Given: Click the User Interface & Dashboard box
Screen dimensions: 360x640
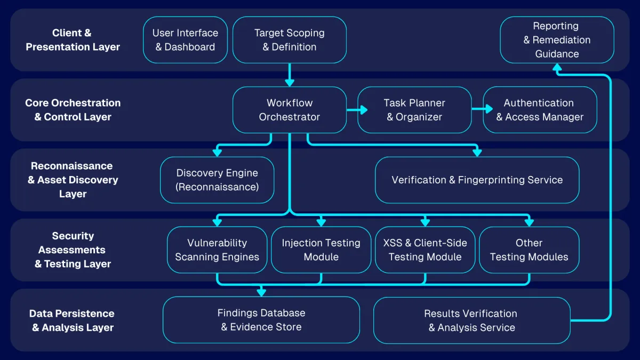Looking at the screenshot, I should click(185, 40).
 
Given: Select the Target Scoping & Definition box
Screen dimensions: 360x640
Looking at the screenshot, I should click(290, 40).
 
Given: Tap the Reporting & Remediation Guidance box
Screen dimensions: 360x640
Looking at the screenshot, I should click(557, 40).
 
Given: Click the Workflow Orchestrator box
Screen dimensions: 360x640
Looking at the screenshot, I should click(290, 110).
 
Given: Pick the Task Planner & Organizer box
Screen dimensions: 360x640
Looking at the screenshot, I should click(414, 110).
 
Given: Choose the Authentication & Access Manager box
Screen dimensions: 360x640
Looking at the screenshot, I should click(540, 110).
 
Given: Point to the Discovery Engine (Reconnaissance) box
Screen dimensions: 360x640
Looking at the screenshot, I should click(217, 180).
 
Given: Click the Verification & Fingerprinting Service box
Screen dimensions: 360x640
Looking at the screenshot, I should click(477, 180).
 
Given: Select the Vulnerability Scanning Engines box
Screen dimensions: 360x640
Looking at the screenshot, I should click(217, 250).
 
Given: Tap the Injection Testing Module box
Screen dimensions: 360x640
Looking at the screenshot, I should click(321, 250).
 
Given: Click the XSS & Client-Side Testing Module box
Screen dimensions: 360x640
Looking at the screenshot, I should click(425, 250).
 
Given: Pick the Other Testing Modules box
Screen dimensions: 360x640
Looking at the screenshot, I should click(529, 250).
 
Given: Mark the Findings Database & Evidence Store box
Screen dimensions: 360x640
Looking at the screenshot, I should click(261, 320).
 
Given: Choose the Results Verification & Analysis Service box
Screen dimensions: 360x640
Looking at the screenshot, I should click(471, 320).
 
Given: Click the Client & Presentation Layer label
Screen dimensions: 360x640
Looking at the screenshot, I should click(73, 40).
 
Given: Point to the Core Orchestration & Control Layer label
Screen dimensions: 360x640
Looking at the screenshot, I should click(73, 110).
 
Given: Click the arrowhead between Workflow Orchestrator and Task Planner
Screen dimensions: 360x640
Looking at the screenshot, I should click(364, 110).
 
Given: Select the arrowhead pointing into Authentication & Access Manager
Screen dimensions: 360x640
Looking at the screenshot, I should click(489, 109).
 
